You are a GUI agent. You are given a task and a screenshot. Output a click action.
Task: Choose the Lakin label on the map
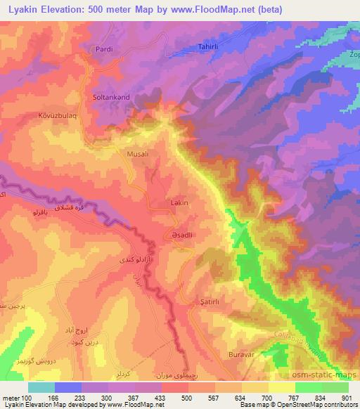[x=181, y=202]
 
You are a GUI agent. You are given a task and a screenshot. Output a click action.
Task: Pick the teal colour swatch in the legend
[x=41, y=387]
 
